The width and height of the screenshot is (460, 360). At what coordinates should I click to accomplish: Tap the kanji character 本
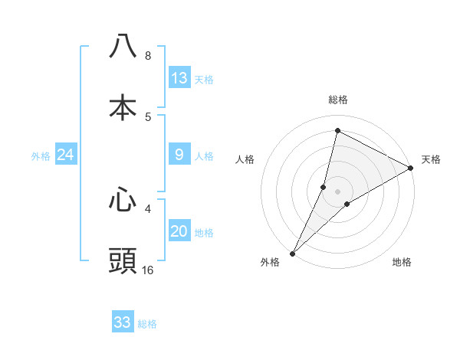[123, 108]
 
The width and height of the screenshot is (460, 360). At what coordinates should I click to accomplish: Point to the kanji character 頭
[123, 261]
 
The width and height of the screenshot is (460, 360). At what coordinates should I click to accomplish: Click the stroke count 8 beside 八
[147, 56]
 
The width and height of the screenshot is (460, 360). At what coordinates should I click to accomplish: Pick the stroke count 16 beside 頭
[148, 270]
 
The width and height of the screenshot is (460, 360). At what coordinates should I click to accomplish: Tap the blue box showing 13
[179, 78]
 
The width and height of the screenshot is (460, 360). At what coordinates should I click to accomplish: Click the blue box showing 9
[179, 155]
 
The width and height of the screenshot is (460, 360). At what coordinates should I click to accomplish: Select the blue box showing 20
[179, 231]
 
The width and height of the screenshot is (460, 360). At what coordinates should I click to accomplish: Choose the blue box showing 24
[66, 155]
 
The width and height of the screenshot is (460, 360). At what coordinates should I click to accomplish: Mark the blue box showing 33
[123, 322]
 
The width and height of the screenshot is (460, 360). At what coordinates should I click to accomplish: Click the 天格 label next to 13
[204, 80]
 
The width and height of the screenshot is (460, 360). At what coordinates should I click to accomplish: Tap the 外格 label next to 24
[41, 156]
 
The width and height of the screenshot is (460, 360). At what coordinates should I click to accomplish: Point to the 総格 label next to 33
[147, 324]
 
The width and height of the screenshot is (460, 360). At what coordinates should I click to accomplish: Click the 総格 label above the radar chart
[338, 100]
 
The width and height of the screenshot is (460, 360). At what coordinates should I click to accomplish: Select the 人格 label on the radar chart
[245, 160]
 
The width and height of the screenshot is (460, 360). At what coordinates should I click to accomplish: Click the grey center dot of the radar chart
[338, 191]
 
